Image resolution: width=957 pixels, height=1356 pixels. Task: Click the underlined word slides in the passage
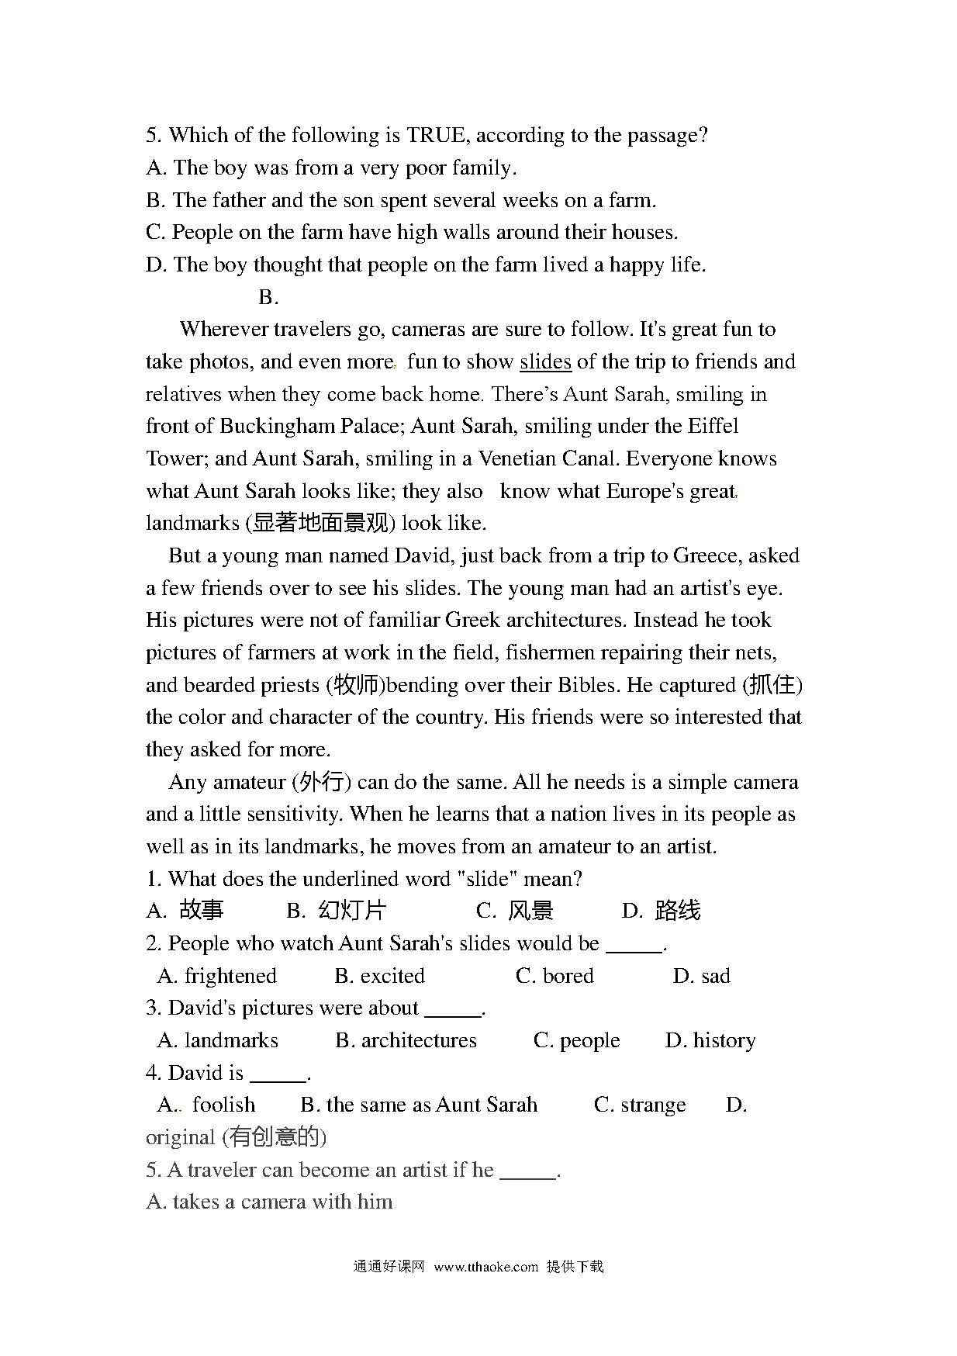tap(545, 362)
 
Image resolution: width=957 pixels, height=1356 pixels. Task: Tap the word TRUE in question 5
tap(437, 136)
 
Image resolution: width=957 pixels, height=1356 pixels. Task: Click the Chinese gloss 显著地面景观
tap(320, 524)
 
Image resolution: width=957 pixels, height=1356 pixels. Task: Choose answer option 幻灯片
tap(351, 911)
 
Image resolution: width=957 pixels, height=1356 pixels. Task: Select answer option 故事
tap(201, 911)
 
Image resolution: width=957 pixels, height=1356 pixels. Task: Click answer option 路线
tap(676, 911)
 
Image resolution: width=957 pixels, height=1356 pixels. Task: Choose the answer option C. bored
tap(555, 976)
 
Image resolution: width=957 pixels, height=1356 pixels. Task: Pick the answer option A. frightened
tap(217, 976)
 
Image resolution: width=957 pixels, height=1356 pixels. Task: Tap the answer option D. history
tap(710, 1041)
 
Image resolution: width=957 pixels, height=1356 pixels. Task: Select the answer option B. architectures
tap(406, 1041)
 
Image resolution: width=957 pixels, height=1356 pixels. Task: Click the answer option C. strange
tap(640, 1105)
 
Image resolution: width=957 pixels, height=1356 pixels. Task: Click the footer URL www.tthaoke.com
tap(485, 1267)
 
